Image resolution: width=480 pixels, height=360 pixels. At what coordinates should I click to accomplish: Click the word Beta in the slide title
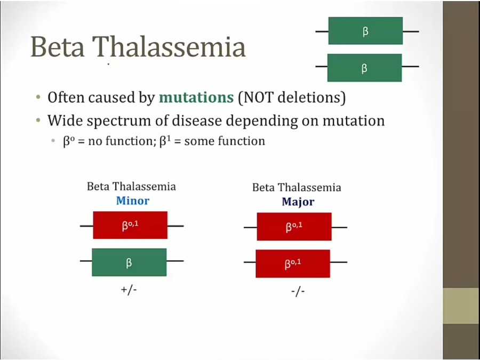click(57, 46)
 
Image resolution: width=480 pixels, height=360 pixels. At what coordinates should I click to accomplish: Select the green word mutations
click(196, 98)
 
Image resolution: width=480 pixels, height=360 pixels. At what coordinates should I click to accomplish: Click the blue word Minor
click(133, 201)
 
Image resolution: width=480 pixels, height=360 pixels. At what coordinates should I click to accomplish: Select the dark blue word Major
click(298, 202)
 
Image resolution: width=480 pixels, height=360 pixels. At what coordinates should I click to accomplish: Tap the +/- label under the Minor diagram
click(129, 289)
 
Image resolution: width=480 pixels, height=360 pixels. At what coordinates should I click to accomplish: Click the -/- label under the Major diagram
click(298, 291)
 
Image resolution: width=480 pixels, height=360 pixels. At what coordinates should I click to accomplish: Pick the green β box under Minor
click(129, 262)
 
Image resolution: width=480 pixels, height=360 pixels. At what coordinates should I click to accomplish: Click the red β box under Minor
click(130, 225)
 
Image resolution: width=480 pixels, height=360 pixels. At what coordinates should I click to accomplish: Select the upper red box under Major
click(294, 227)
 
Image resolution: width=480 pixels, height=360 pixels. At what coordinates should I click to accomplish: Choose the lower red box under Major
click(293, 263)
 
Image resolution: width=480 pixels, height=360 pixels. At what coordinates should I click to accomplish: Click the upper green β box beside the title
click(365, 30)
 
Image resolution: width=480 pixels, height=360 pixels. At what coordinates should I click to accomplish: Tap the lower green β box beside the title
click(365, 68)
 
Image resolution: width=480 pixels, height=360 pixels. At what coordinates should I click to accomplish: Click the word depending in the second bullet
click(263, 121)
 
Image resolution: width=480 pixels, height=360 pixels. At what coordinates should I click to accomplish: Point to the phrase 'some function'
click(225, 141)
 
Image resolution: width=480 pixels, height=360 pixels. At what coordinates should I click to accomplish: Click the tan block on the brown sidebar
click(461, 306)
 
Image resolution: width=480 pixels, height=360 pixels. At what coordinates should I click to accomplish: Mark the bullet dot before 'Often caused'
click(38, 98)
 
